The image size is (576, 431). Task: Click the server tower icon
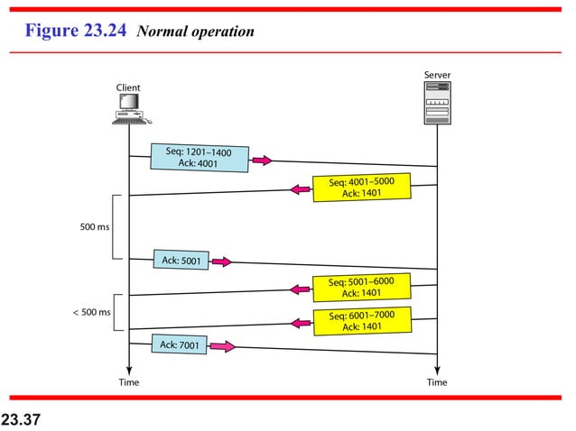[x=437, y=101]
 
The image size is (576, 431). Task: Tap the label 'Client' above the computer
[x=128, y=87]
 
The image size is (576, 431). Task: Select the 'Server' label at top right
[x=437, y=73]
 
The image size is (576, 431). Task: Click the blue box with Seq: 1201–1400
[x=198, y=158]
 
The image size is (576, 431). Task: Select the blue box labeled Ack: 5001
[x=181, y=261]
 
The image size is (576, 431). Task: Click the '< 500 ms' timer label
[x=91, y=312]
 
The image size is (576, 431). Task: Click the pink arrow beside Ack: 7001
[x=223, y=346]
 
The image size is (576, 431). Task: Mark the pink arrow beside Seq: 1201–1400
[x=261, y=160]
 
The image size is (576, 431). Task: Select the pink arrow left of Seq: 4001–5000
[x=300, y=189]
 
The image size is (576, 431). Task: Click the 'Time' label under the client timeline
[x=128, y=382]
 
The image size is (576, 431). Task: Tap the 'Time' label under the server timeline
[x=437, y=382]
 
